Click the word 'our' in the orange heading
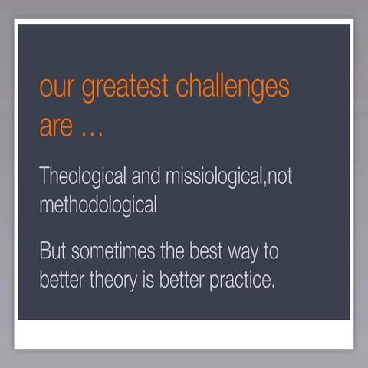tap(56, 88)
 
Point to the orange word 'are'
tap(55, 127)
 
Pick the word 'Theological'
tap(82, 176)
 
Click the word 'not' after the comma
tap(278, 176)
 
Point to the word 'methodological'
tap(97, 205)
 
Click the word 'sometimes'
tap(113, 251)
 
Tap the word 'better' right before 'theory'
tap(61, 279)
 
